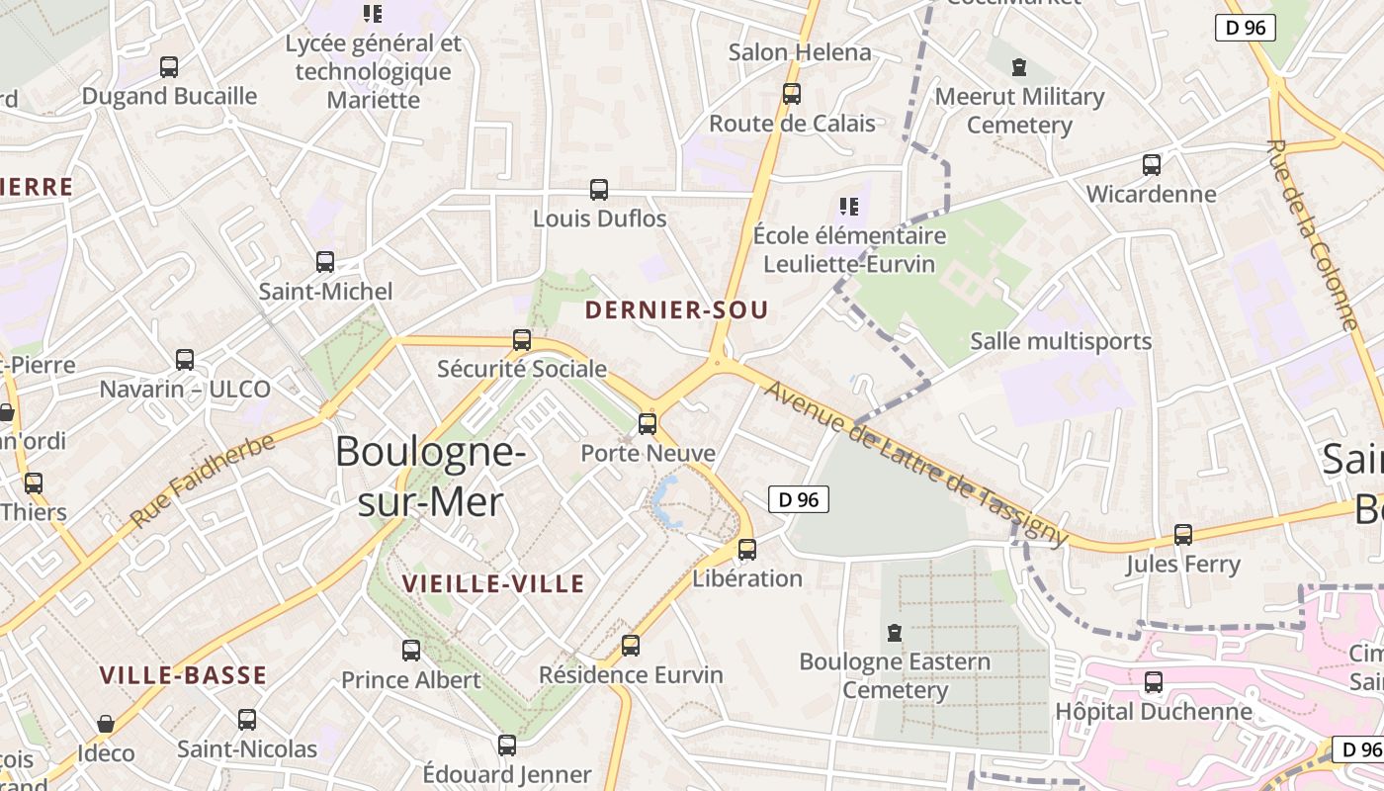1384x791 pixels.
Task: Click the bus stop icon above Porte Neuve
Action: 648,424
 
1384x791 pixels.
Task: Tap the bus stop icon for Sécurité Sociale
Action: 522,340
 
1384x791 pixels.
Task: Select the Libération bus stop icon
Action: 747,550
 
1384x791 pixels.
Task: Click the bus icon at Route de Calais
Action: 791,94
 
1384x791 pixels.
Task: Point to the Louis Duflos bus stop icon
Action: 599,190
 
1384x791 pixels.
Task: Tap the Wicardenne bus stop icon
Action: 1152,165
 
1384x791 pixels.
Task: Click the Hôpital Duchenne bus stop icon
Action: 1154,682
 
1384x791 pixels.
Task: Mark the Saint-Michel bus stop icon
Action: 325,262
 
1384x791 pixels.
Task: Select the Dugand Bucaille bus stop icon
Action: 169,67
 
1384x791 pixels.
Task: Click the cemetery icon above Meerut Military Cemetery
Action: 1019,67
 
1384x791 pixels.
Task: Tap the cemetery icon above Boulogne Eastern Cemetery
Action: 895,632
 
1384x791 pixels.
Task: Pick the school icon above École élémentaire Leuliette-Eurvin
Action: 848,207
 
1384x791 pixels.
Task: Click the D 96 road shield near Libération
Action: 799,500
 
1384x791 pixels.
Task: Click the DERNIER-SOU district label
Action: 676,310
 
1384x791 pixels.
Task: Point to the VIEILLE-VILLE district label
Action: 493,584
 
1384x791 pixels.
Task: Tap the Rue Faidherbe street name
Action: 202,481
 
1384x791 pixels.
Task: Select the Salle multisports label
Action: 1061,342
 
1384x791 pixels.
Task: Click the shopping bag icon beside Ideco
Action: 106,725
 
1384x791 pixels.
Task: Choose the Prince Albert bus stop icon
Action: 411,651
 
